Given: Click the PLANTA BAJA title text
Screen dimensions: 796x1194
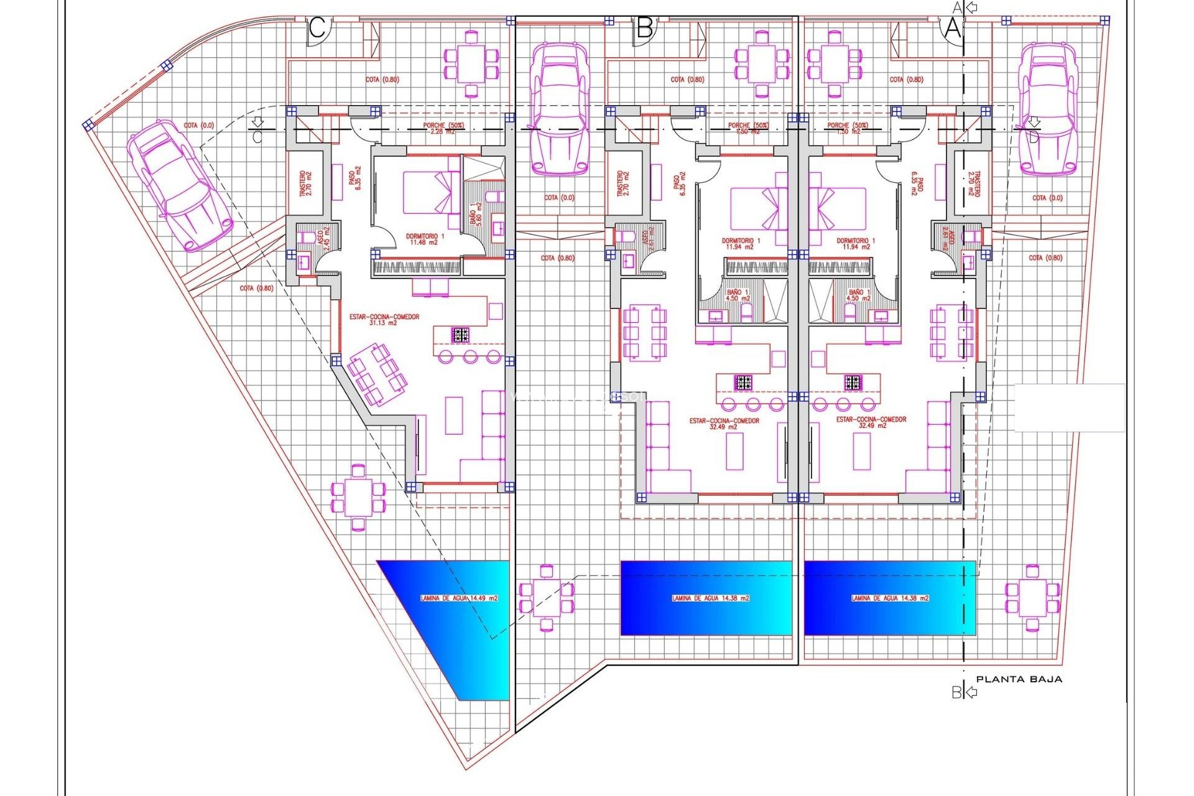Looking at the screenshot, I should (x=1019, y=679).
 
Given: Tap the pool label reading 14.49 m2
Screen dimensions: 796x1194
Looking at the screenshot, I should (x=459, y=598).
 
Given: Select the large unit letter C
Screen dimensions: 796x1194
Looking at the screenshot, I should (x=317, y=29).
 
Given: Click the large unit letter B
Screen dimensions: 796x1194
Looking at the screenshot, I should (x=645, y=29).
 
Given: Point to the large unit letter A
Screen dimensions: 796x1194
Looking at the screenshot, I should (x=953, y=29).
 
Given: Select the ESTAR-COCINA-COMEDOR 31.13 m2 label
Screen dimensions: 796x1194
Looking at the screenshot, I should (x=384, y=320).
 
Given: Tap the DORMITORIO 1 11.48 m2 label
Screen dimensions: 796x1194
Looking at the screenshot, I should (x=425, y=239).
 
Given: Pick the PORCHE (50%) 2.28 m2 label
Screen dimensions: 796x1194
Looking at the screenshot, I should (x=443, y=128).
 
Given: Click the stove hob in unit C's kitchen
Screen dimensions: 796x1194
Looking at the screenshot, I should (x=460, y=335).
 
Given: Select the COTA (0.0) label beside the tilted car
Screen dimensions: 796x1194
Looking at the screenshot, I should (x=198, y=126).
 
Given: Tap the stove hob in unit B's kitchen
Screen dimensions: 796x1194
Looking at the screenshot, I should (x=743, y=382).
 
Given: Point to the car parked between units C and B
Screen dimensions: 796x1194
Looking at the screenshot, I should (x=559, y=109).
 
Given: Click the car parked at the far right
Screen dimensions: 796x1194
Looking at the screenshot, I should (x=1048, y=109).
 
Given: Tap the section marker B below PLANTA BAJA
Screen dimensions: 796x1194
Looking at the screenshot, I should (x=956, y=692).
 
